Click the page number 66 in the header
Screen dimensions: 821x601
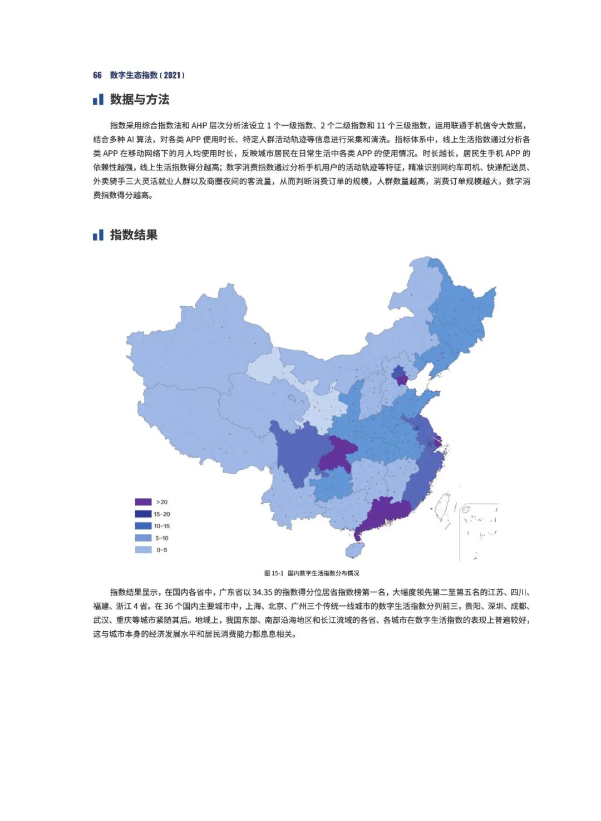[97, 75]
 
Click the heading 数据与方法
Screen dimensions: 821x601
[139, 100]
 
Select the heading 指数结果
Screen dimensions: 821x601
[134, 235]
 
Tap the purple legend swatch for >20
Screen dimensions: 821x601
[143, 502]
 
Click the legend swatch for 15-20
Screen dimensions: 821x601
[143, 514]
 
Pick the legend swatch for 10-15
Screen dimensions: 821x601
[143, 526]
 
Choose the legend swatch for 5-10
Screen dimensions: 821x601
[143, 538]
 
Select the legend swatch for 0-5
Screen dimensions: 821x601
[143, 550]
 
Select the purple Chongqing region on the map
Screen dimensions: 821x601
[337, 454]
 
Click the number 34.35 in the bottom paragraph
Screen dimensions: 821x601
[262, 592]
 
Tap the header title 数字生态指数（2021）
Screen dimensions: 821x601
[147, 75]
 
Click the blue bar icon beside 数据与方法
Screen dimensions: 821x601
[98, 100]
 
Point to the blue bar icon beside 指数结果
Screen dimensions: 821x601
[98, 235]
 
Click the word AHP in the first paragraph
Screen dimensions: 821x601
[199, 126]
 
